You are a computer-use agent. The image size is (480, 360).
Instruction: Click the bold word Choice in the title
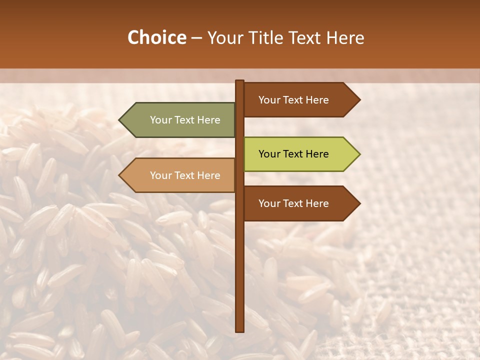[x=156, y=37]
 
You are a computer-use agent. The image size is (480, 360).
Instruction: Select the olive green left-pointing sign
[x=180, y=120]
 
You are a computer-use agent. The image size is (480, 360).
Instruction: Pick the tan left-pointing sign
[x=180, y=175]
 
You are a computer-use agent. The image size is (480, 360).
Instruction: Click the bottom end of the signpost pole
[x=239, y=329]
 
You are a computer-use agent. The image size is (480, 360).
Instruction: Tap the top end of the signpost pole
[x=239, y=82]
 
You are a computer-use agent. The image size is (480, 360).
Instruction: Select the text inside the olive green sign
[x=185, y=120]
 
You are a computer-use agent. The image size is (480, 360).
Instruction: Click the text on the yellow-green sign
[x=293, y=154]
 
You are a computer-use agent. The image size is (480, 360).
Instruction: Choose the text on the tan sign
[x=185, y=175]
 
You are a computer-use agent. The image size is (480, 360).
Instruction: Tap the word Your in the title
[x=222, y=37]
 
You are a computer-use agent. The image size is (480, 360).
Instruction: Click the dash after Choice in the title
[x=196, y=38]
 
